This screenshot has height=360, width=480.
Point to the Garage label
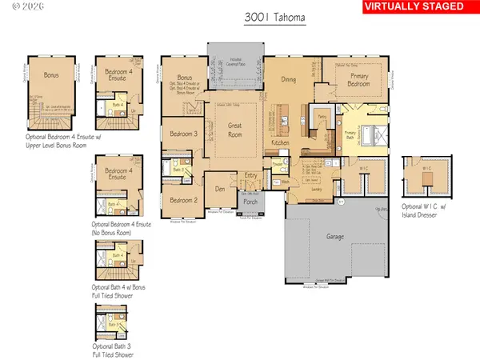[336, 238]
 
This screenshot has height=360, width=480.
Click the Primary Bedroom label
[357, 77]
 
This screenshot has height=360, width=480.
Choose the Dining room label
[289, 79]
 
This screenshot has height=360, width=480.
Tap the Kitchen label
[281, 142]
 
